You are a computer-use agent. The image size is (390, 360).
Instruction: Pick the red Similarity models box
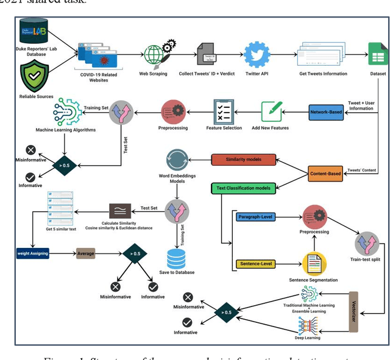(243, 160)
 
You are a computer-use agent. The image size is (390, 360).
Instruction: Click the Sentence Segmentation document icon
(314, 264)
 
